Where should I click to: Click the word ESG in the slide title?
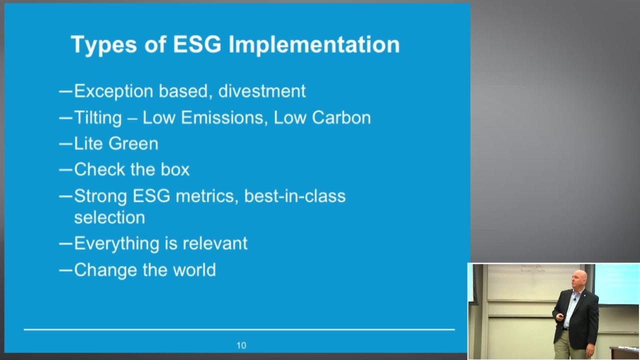(x=197, y=44)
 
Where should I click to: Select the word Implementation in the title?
(x=314, y=45)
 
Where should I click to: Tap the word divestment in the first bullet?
(x=261, y=91)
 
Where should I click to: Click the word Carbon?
(x=341, y=117)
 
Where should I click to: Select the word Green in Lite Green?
(x=133, y=143)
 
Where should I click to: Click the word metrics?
(x=207, y=196)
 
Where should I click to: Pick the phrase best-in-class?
(x=295, y=196)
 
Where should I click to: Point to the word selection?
(x=109, y=217)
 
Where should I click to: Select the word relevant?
(x=215, y=243)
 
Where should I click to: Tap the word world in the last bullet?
(x=194, y=269)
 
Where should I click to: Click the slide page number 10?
(x=241, y=345)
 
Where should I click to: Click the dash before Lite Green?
(x=65, y=144)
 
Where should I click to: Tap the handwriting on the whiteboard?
(x=532, y=268)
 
